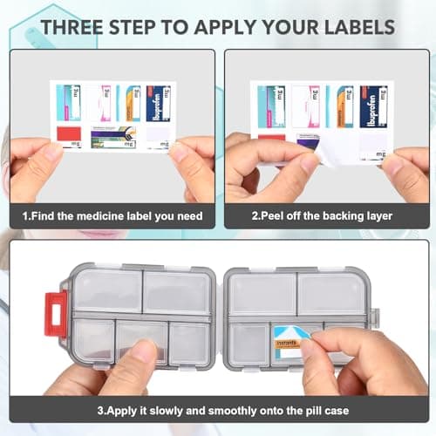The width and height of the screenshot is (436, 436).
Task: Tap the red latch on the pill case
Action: coord(56,312)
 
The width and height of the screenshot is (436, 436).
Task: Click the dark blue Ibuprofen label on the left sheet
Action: coord(159,103)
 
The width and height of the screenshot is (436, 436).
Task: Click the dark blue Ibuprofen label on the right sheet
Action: coord(373,106)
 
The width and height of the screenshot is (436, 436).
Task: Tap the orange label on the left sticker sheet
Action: coord(133,103)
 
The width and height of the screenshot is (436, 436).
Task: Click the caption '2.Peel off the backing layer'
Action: coord(326,215)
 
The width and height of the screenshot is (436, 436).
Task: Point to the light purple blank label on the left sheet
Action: coord(158,135)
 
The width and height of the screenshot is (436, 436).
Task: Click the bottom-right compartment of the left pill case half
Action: coord(188,341)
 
